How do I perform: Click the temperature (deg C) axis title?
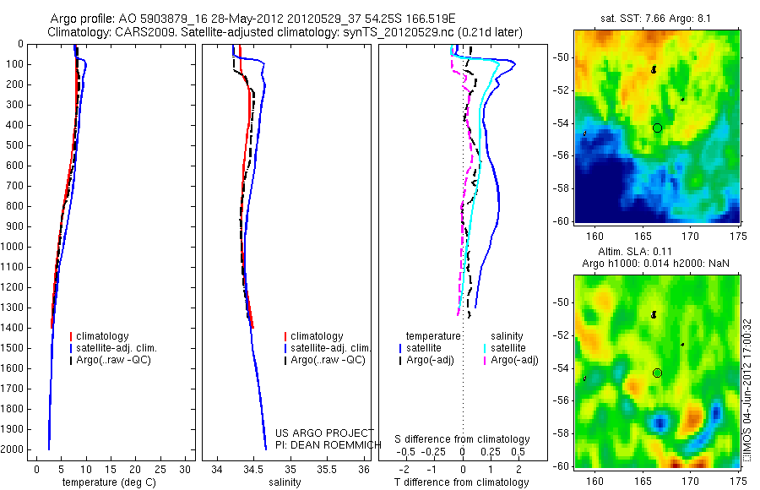click(x=106, y=482)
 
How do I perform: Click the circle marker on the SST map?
click(x=657, y=128)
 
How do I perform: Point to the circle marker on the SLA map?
click(x=657, y=373)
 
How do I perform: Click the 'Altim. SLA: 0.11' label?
click(x=658, y=253)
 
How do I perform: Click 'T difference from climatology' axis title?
click(x=462, y=482)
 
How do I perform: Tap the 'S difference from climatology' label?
click(x=463, y=439)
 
